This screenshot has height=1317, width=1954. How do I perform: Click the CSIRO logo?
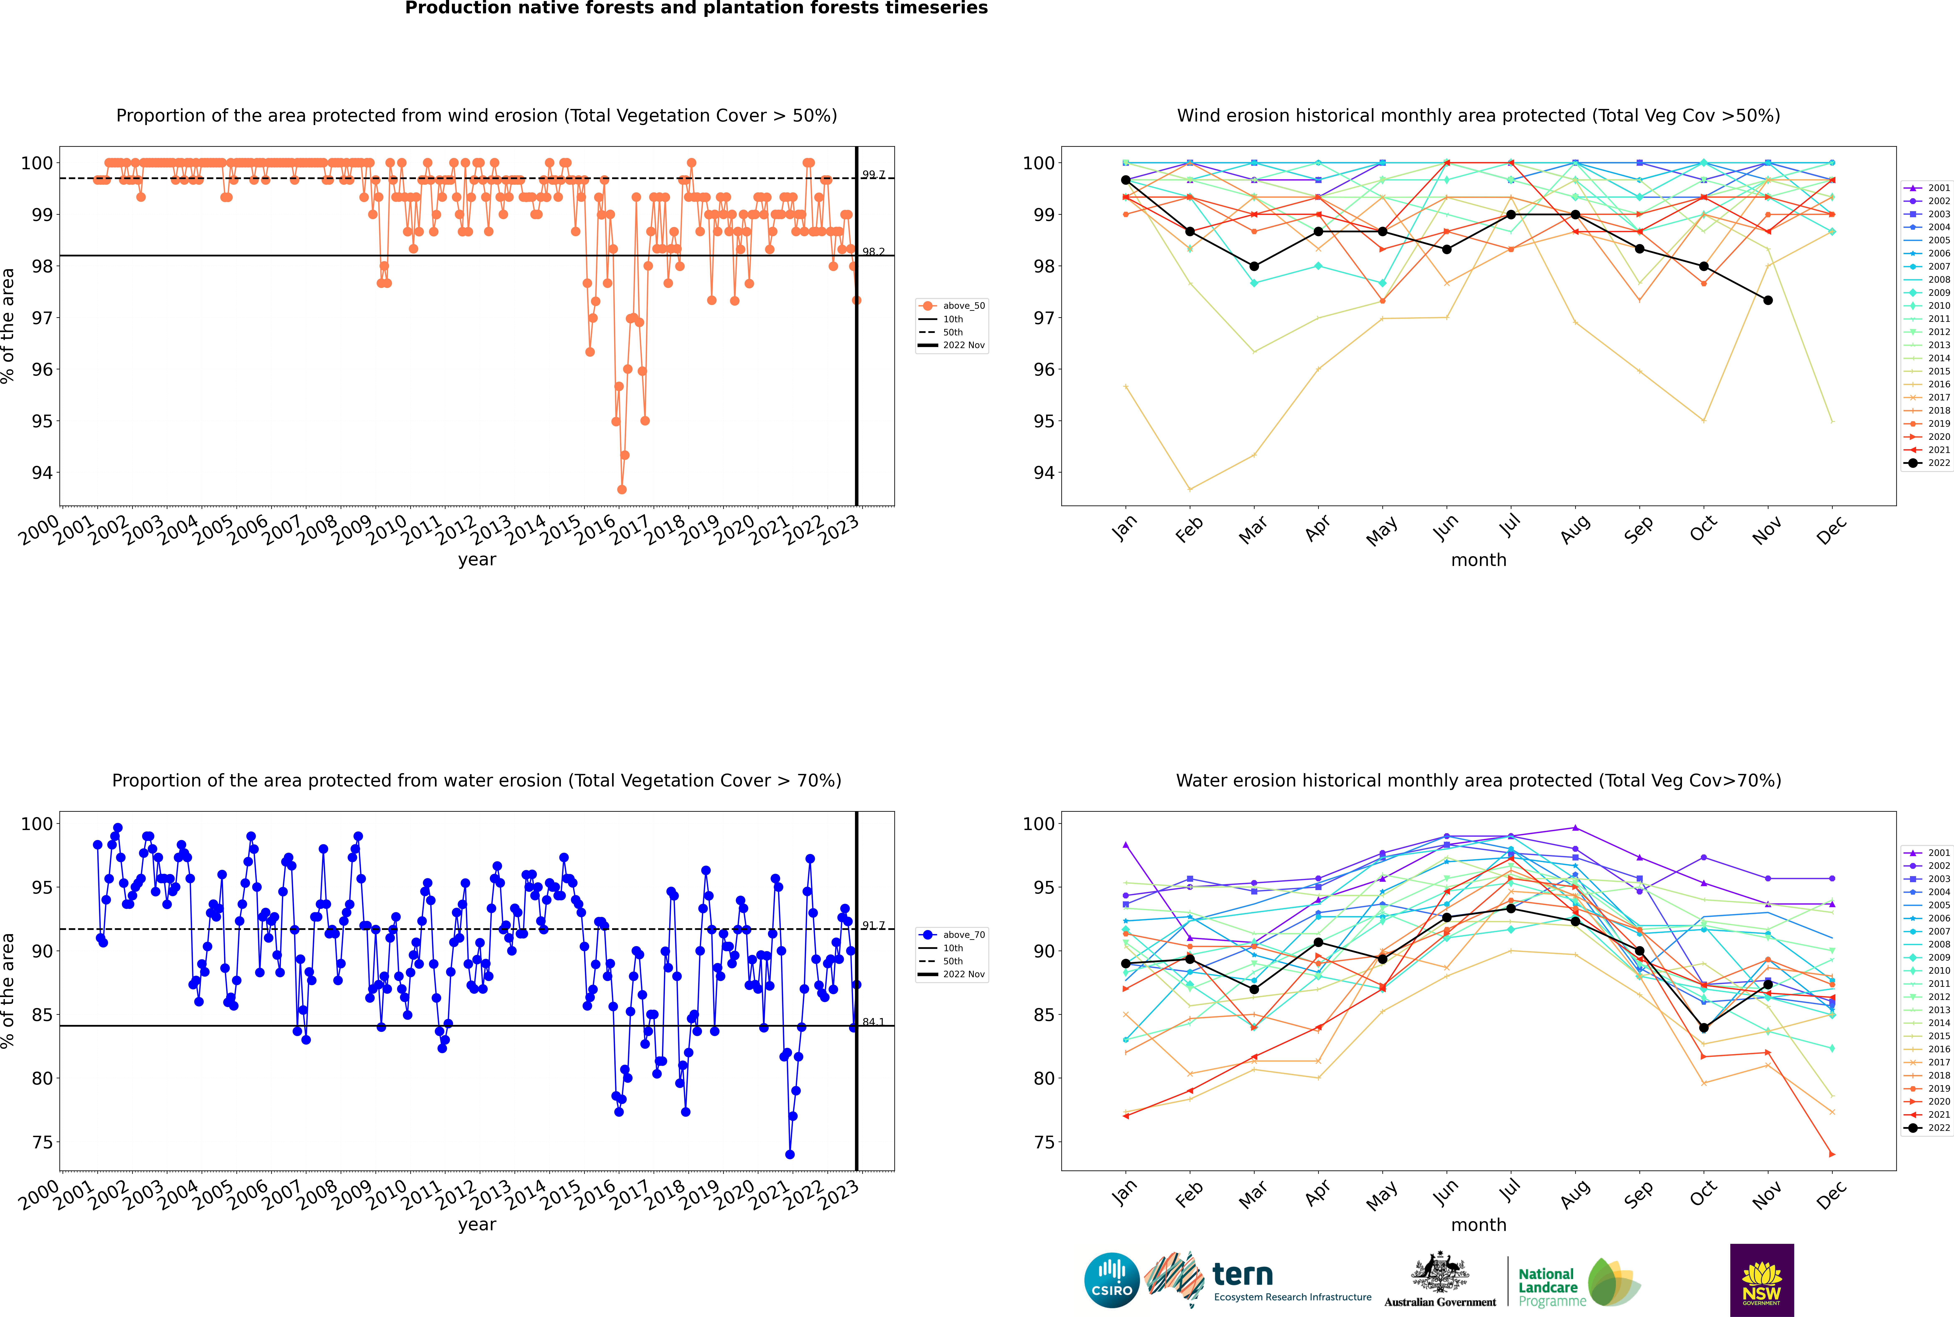(1111, 1280)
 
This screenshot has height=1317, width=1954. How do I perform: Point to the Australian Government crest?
(1440, 1272)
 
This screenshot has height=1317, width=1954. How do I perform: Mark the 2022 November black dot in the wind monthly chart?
(1767, 301)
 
